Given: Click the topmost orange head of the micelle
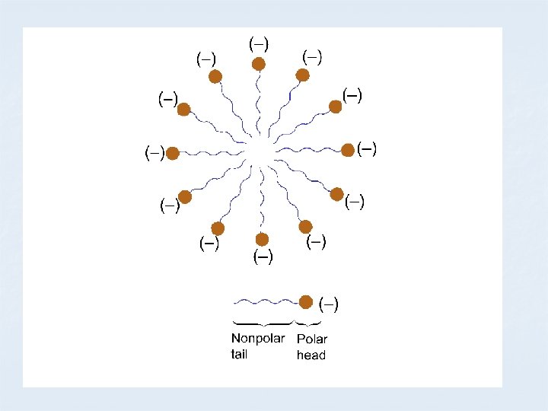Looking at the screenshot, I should click(260, 64).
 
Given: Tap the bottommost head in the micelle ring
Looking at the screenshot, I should click(263, 240).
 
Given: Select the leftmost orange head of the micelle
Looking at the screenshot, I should click(173, 154).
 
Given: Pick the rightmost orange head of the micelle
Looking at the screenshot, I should click(348, 150).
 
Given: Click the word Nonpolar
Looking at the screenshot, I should click(258, 339).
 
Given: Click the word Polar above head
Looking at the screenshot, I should click(311, 339).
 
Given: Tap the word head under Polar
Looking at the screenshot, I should click(311, 355).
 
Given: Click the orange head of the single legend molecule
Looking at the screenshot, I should click(306, 302).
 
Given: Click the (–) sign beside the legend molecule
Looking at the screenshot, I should click(328, 304).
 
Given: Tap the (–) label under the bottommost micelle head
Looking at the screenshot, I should click(263, 257).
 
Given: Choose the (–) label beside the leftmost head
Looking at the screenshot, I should click(155, 154).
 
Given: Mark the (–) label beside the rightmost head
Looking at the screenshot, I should click(366, 148).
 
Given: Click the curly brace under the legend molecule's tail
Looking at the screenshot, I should click(263, 324).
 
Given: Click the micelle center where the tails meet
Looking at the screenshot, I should click(260, 152).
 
